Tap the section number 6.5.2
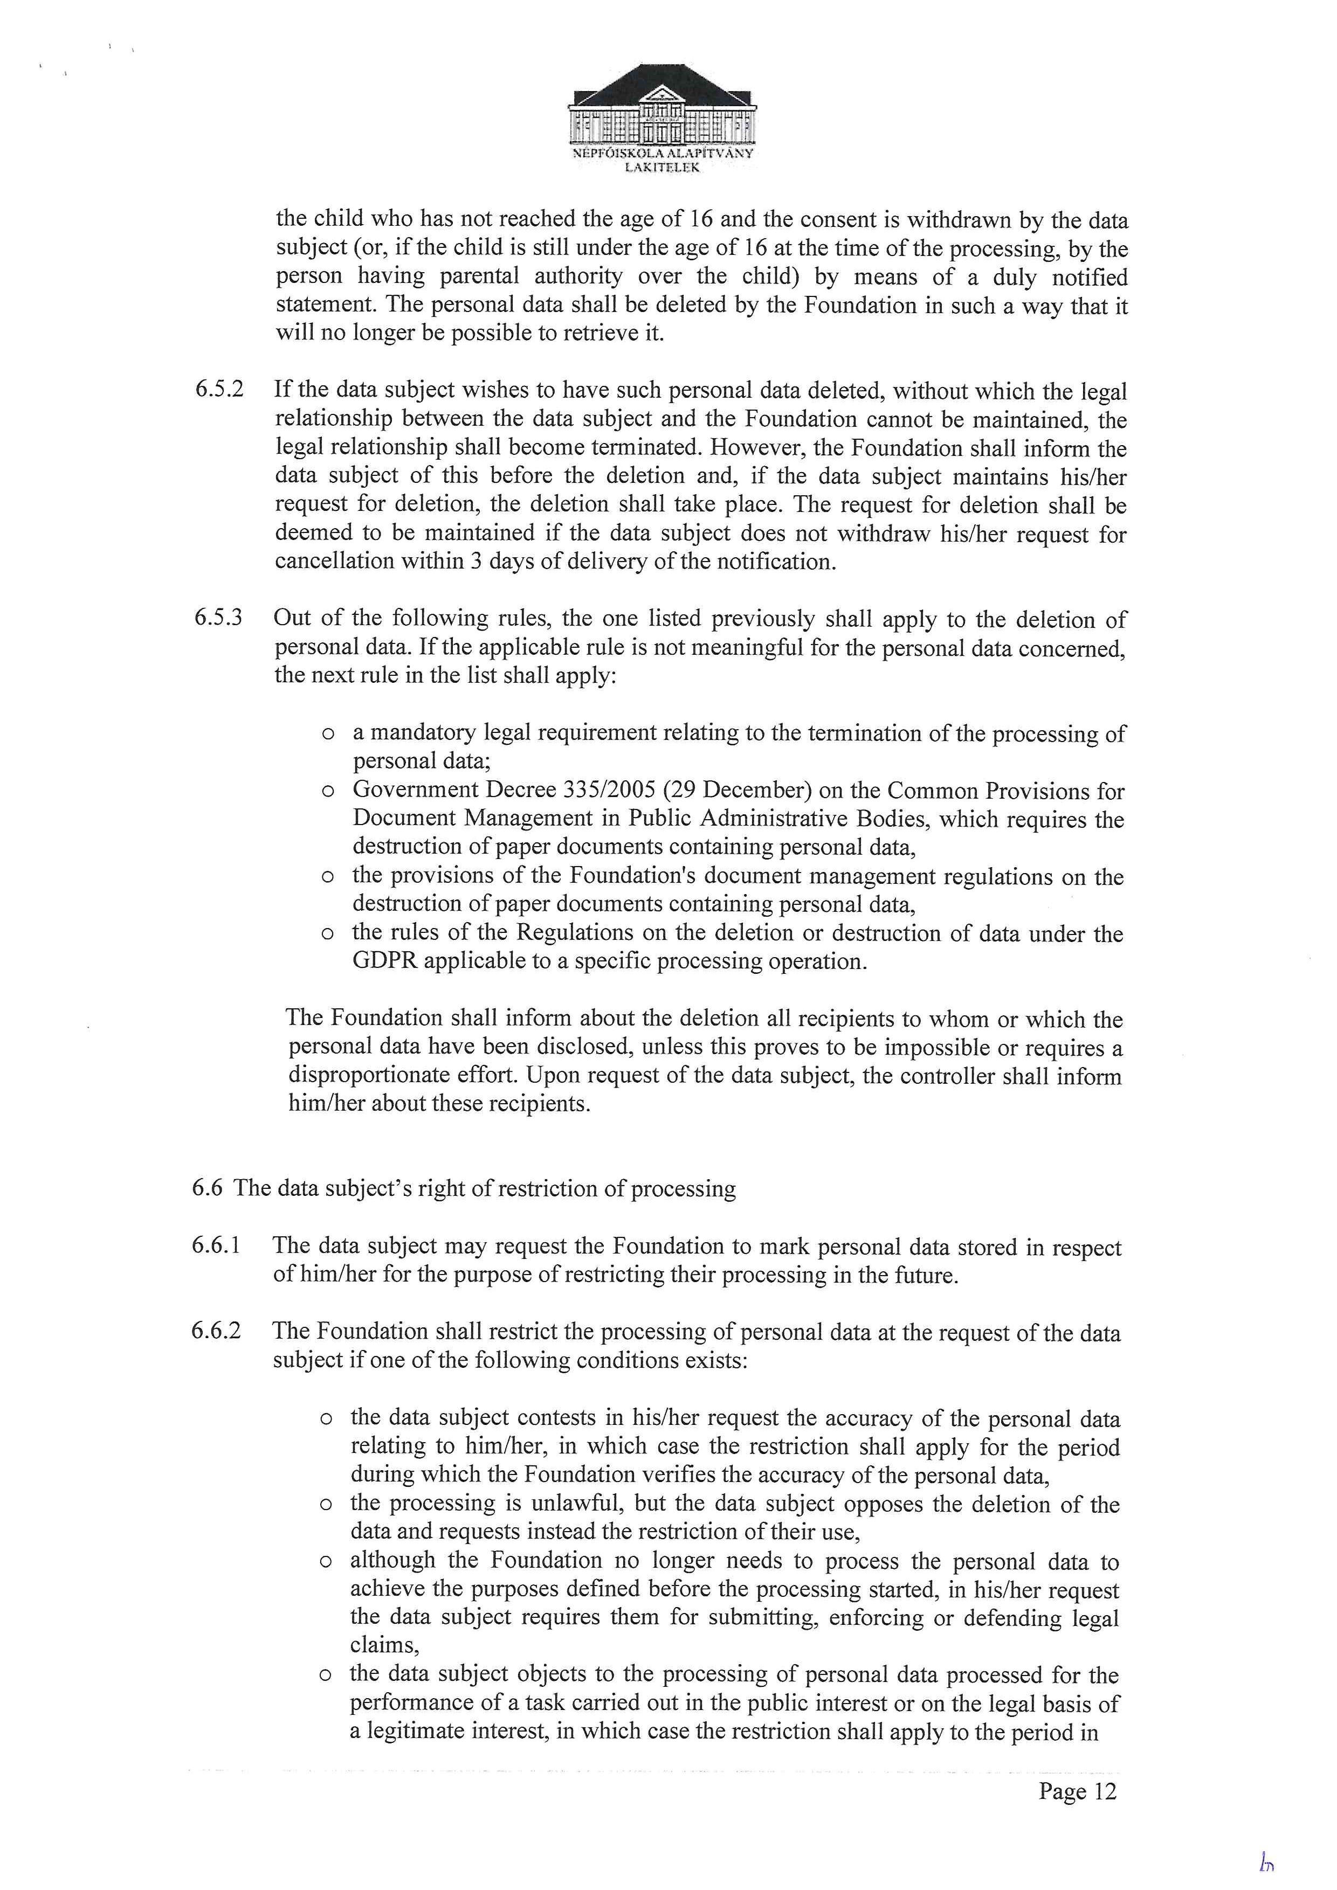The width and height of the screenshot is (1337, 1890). click(219, 389)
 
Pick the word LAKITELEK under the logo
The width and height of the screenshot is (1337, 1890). click(663, 167)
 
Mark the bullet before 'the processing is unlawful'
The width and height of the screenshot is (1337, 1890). click(326, 1505)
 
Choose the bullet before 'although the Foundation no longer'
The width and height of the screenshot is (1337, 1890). click(326, 1562)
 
